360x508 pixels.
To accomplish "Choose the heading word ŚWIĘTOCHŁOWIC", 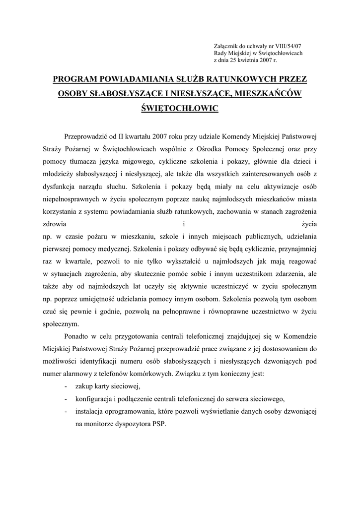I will pyautogui.click(x=180, y=108).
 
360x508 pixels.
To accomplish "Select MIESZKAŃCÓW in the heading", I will pyautogui.click(x=267, y=93).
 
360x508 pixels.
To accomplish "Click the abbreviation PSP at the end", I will pyautogui.click(x=159, y=425).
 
